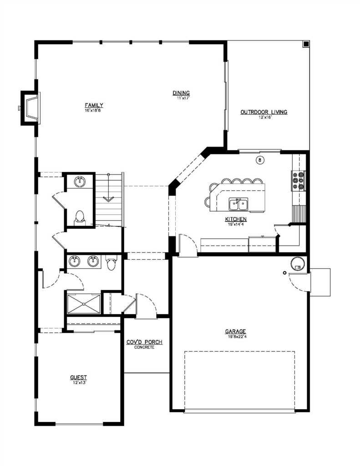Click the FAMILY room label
[94, 105]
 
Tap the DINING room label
[181, 93]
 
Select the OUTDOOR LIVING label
[264, 112]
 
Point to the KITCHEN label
[236, 219]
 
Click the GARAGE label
[235, 331]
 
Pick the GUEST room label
[78, 377]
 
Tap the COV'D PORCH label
[144, 342]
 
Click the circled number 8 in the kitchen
[260, 161]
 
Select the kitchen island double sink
[238, 204]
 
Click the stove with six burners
[298, 180]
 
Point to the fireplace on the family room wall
[30, 108]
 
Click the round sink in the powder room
[80, 181]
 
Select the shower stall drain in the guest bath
[84, 304]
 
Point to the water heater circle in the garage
[297, 263]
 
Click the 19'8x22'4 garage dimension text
[236, 337]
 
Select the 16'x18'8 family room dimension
[94, 110]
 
